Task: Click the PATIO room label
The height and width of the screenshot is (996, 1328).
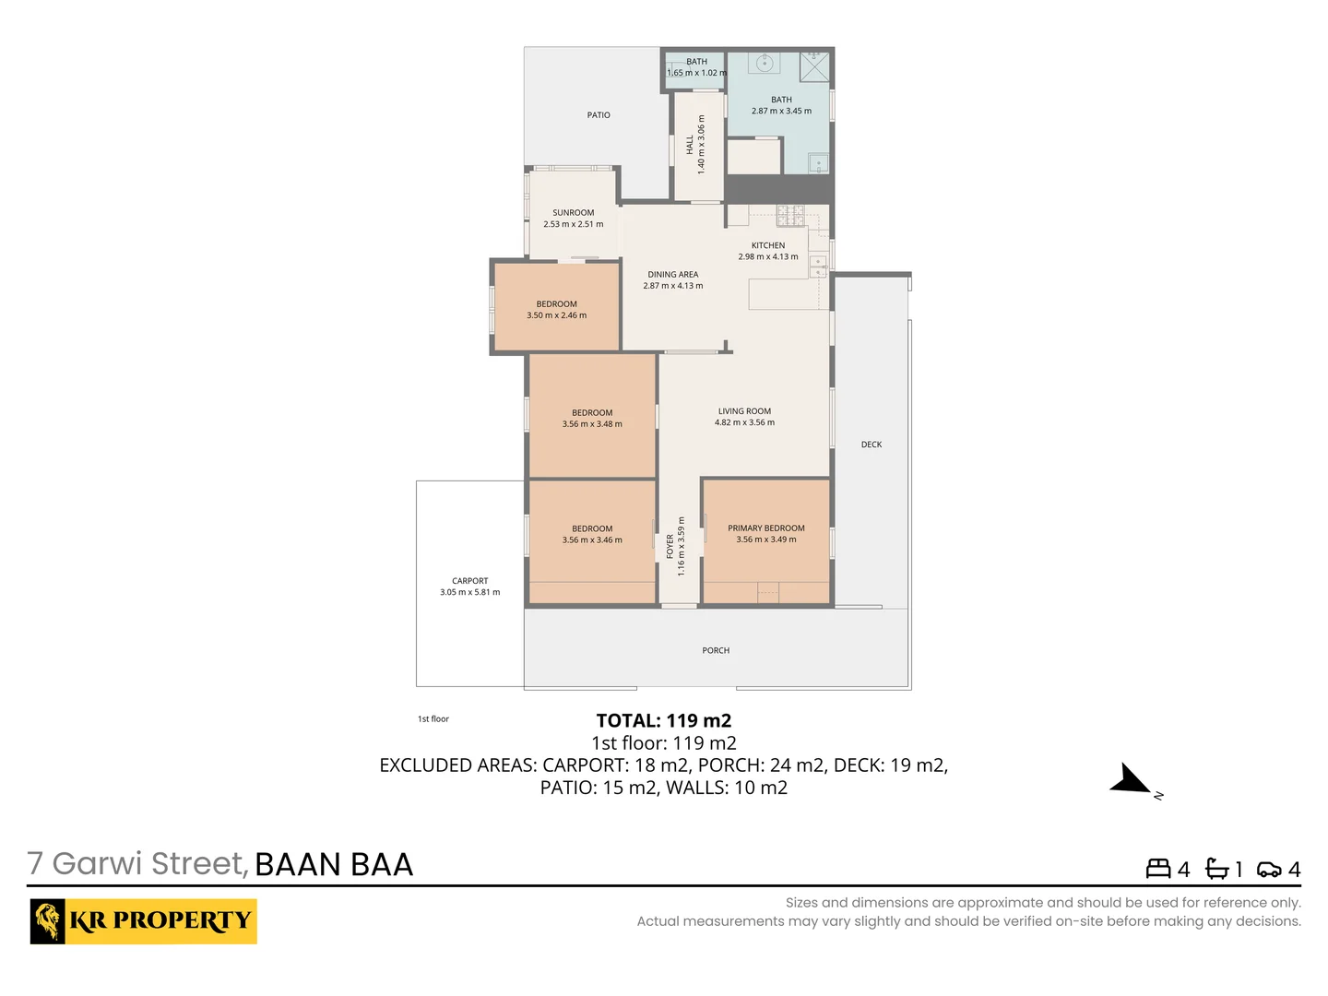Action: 599,115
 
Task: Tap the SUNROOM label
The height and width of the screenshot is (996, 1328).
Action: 573,213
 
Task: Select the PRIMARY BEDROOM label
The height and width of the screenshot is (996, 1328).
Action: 765,528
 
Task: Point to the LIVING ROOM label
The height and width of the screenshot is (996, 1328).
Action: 744,411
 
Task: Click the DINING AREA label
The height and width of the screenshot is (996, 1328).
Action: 672,275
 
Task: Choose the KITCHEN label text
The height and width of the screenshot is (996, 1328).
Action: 767,246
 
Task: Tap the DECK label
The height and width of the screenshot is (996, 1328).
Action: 871,445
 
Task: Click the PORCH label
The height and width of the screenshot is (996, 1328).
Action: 716,651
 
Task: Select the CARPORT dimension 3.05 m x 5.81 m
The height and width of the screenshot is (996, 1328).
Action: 469,593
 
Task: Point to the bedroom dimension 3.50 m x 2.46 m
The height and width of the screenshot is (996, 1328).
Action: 556,315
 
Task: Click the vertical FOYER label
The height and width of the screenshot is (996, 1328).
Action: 670,546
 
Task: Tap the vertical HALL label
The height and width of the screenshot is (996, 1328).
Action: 690,145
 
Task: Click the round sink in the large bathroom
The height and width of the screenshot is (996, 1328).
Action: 764,64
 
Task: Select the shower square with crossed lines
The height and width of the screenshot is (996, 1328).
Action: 814,67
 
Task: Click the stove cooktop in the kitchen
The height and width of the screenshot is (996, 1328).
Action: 790,216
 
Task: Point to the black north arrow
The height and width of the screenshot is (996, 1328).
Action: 1131,780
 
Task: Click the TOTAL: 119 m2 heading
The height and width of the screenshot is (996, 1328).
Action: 663,721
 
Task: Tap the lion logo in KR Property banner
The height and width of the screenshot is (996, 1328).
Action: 48,921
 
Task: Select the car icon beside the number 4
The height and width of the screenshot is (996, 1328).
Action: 1269,870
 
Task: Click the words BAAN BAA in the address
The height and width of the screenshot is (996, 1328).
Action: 334,865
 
